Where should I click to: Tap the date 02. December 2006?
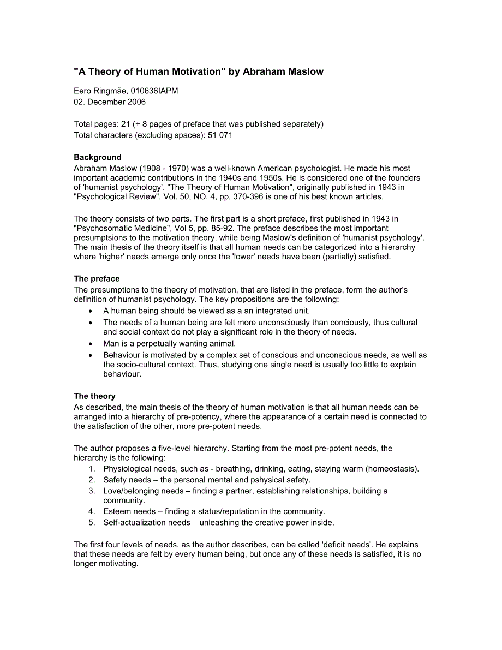pos(110,102)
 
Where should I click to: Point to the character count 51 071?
pos(220,135)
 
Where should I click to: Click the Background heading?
pos(98,158)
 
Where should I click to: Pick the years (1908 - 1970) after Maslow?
pos(165,169)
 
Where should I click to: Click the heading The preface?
pos(97,279)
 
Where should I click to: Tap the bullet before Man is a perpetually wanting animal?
pos(91,344)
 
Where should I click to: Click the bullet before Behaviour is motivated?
pos(91,355)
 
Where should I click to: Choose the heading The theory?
pos(94,396)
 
